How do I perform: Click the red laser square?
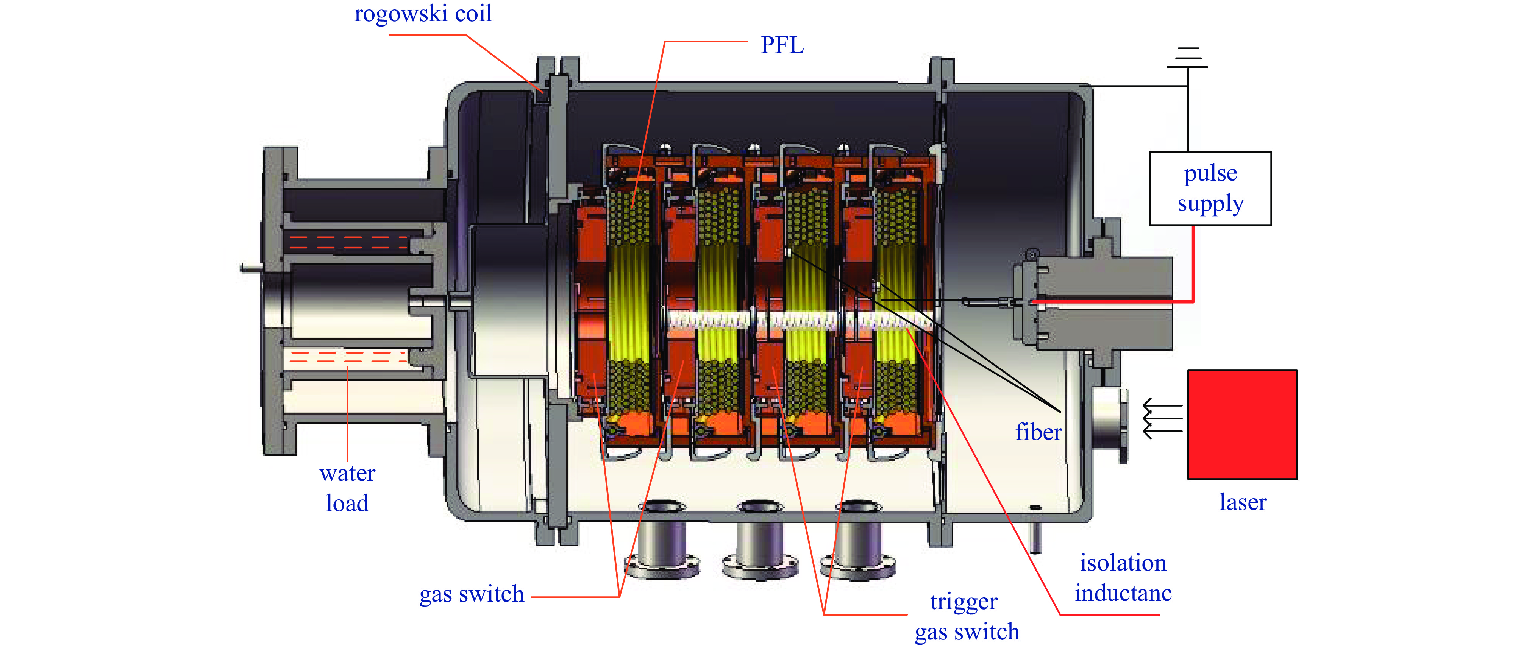pos(1242,424)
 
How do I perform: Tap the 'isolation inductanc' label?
pos(1123,578)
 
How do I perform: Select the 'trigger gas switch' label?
pos(967,617)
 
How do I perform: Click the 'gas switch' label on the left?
pos(471,594)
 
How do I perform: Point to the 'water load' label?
pos(347,488)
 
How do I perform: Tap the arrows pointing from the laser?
pos(1162,419)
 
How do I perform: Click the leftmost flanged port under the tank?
pos(662,540)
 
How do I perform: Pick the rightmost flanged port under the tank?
pos(859,540)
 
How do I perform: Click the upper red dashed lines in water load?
pos(348,242)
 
